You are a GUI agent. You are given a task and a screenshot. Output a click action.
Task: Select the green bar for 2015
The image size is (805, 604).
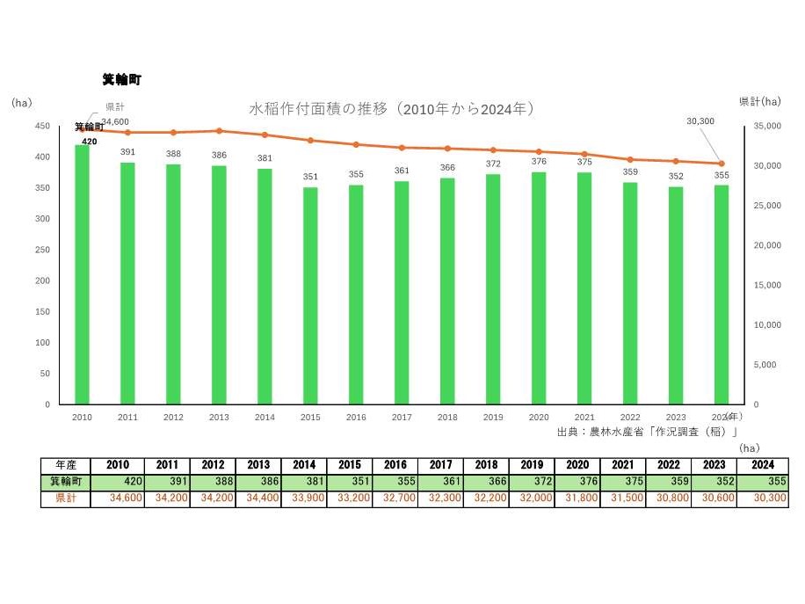(310, 295)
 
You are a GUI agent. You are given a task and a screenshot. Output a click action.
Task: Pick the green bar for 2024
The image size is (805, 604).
(722, 295)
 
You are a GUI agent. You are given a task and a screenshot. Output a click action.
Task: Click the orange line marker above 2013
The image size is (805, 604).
(219, 131)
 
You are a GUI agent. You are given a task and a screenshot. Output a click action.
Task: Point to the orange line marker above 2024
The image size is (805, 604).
(722, 164)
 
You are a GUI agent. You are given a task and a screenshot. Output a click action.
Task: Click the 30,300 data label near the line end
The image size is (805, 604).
(700, 121)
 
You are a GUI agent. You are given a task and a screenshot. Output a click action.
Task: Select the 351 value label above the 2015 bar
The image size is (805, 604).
(310, 177)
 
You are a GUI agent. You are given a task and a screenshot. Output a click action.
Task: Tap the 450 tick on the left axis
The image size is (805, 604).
(42, 127)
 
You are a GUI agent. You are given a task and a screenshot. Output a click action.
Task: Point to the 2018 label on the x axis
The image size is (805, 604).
(447, 418)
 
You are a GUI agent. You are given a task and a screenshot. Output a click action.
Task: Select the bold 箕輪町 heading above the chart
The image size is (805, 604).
(121, 80)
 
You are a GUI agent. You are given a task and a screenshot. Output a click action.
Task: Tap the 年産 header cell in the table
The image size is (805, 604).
(64, 465)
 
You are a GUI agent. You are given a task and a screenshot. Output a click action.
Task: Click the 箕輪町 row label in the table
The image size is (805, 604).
(64, 482)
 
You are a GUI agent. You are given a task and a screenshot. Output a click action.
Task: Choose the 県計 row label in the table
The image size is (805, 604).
(64, 498)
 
